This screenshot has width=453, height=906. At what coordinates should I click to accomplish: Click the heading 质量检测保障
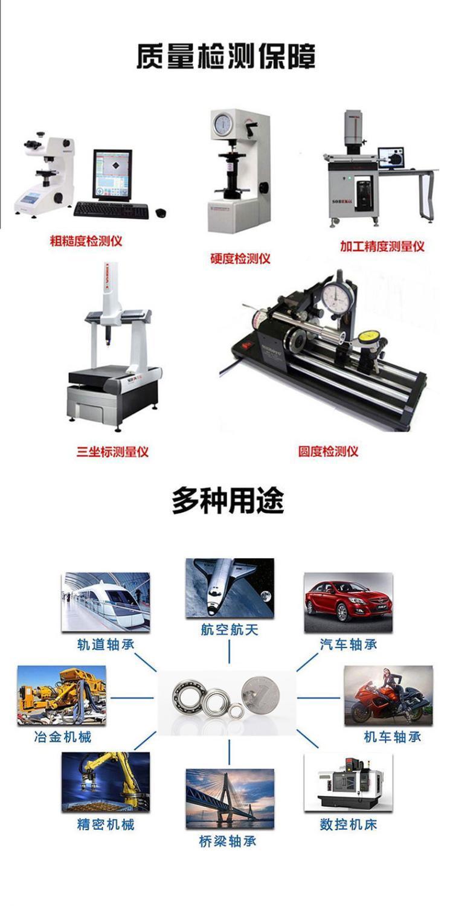[226, 57]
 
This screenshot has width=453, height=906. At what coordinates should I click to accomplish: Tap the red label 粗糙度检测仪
[86, 242]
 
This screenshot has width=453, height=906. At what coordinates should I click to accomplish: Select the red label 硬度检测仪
[240, 259]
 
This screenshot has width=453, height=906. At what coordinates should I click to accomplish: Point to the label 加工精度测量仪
[382, 246]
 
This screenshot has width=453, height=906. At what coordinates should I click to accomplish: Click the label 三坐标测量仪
[112, 452]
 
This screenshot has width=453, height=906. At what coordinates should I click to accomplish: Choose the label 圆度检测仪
[328, 451]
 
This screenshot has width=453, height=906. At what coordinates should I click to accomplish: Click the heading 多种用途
[228, 501]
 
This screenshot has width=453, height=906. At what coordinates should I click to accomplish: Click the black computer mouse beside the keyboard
[161, 212]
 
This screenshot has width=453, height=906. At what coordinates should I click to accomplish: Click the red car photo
[349, 602]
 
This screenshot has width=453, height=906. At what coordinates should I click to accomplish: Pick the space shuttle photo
[230, 588]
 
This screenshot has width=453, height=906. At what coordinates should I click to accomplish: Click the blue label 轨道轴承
[106, 644]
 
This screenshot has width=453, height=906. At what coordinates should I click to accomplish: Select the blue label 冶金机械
[63, 737]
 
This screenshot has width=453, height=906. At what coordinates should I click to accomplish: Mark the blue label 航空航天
[230, 629]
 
